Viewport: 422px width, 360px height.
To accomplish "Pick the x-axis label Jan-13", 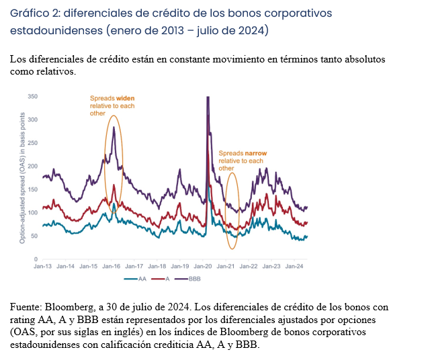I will click(43, 267).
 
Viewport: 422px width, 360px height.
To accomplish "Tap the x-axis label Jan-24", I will click(294, 267).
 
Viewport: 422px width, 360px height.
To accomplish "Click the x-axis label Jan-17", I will click(134, 267).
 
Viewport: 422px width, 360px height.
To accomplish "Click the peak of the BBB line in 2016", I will click(114, 127).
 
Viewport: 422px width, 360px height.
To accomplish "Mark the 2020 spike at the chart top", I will click(208, 98).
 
